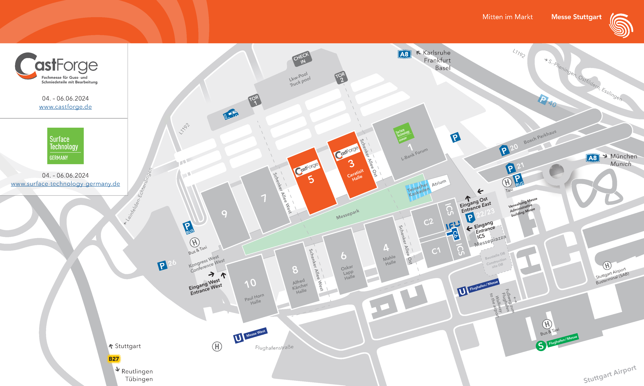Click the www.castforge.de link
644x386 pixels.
[65, 107]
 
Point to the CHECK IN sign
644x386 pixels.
[302, 58]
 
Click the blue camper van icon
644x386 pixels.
[230, 114]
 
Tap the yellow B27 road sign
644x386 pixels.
[114, 359]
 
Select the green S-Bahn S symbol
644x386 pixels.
[541, 346]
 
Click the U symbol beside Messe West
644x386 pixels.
[238, 338]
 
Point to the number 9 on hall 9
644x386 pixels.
[224, 214]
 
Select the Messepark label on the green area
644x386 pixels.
[348, 214]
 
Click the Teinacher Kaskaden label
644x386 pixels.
[418, 190]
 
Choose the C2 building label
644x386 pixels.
[428, 222]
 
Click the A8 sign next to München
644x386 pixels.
[593, 158]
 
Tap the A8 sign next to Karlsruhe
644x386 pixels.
[404, 54]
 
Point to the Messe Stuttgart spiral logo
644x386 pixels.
[621, 25]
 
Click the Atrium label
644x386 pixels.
[439, 183]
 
